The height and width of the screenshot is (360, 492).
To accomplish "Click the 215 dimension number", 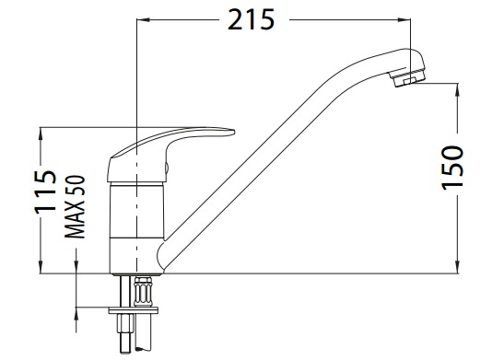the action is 251,19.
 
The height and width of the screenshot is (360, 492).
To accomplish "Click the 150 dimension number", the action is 452,168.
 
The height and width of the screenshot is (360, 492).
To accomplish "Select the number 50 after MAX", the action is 75,186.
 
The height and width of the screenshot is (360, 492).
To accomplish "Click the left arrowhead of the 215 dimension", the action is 143,19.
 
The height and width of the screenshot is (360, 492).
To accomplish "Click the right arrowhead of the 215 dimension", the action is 404,19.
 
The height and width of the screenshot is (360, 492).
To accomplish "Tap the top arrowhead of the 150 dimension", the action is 458,89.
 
